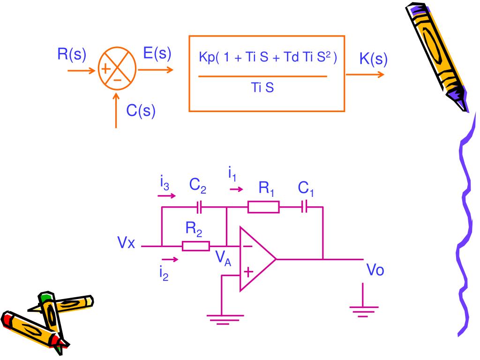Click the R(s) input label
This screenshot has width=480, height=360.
tap(72, 54)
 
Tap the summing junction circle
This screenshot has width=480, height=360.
tap(98, 68)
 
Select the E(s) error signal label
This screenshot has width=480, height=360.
tap(157, 53)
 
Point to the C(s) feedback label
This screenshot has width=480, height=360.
tap(141, 111)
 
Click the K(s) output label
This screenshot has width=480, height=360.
tap(374, 59)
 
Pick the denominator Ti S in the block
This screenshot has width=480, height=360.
tap(262, 88)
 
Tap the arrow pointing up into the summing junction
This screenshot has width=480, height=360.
tap(116, 110)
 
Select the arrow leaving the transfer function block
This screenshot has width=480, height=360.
tap(365, 75)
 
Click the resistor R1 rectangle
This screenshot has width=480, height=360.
tap(263, 207)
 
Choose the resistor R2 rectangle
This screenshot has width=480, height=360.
tap(196, 246)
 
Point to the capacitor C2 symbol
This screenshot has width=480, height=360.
tap(199, 207)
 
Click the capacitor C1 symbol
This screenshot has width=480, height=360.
tap(304, 207)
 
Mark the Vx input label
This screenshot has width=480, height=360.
tap(126, 242)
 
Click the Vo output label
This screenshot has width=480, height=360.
tap(375, 270)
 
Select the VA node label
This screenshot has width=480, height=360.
tap(223, 257)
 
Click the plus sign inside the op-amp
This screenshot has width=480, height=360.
tap(248, 272)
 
